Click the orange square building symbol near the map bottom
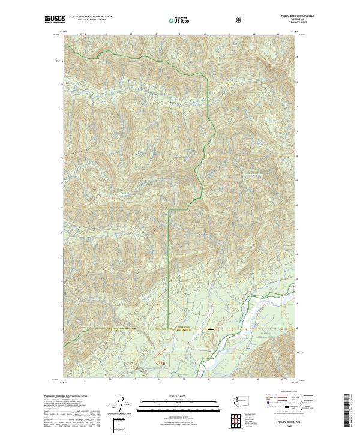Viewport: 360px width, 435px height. tap(163, 362)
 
